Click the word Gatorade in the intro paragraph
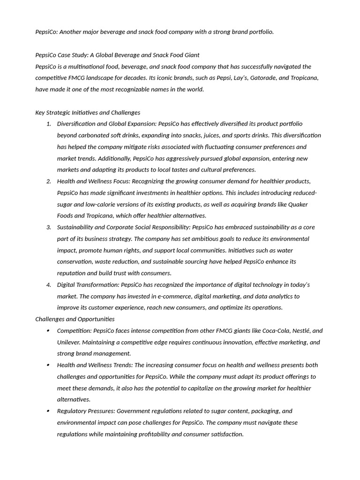[261, 78]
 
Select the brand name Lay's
[238, 78]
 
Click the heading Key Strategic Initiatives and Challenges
[88, 112]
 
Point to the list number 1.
[49, 124]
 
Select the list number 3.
[49, 227]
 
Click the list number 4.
[49, 285]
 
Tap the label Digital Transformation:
[88, 285]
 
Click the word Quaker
[298, 204]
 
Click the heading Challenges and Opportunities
[75, 319]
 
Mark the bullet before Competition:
[49, 331]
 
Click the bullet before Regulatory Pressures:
[49, 412]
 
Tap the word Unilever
[69, 342]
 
